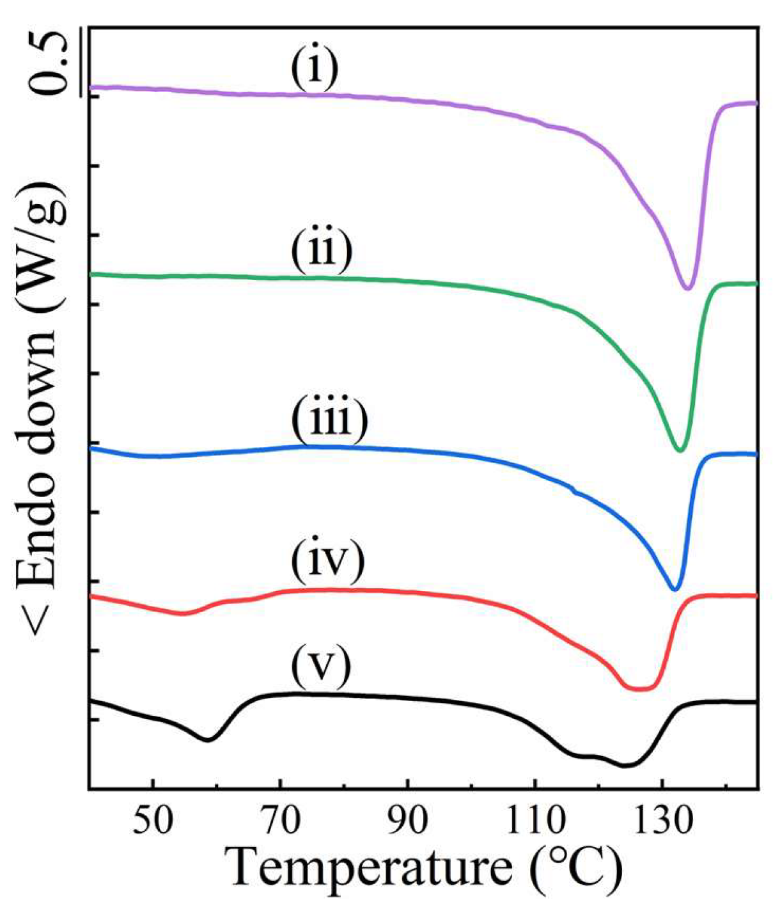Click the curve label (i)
(314, 70)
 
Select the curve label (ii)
(322, 251)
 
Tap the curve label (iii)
(330, 420)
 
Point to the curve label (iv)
(327, 561)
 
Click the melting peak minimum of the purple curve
(687, 289)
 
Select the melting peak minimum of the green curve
(680, 451)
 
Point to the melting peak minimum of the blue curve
(674, 589)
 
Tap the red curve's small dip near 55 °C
(183, 613)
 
